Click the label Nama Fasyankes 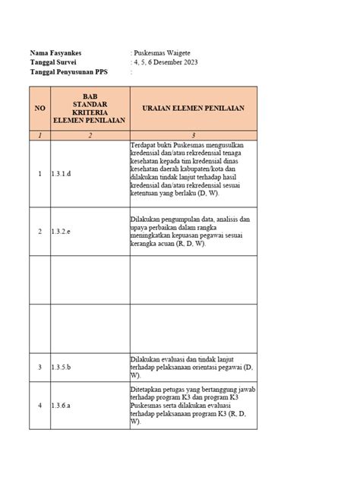(56, 52)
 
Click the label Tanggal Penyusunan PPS (67, 73)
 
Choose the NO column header (40, 109)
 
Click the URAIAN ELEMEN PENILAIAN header (193, 109)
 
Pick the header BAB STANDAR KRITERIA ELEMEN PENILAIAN (89, 109)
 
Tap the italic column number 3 (193, 134)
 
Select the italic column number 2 (89, 134)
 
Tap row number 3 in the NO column (40, 368)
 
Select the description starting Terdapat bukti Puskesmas (193, 172)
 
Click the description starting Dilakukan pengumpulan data (193, 230)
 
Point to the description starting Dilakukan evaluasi (193, 368)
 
